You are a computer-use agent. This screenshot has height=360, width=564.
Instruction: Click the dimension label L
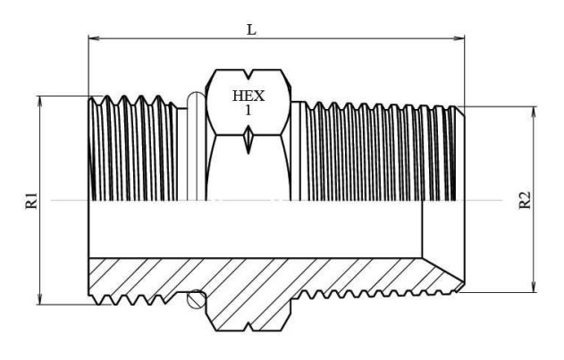click(x=251, y=29)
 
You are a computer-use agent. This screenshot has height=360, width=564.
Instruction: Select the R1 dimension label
click(x=29, y=200)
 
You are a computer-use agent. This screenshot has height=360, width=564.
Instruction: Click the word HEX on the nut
click(x=248, y=96)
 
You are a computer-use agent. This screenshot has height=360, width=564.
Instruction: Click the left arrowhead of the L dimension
click(x=92, y=38)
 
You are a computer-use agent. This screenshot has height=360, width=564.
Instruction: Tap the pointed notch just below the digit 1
click(x=248, y=138)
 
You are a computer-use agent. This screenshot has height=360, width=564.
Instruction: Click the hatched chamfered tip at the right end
click(x=447, y=273)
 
